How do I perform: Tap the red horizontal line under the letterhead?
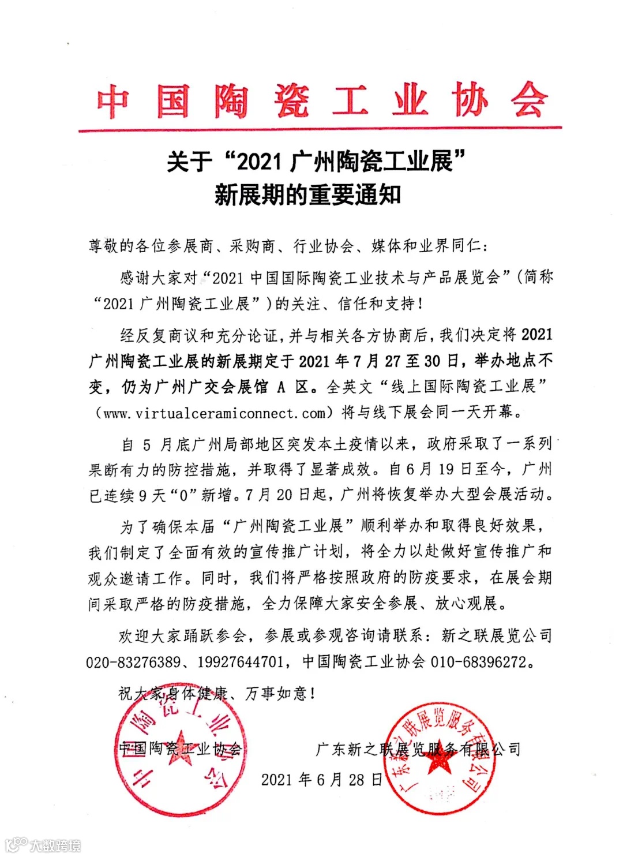tap(321, 128)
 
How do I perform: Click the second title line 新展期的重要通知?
tap(307, 195)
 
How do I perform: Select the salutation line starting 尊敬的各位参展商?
tap(288, 246)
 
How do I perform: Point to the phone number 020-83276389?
tap(133, 662)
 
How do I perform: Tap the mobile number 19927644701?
tap(241, 662)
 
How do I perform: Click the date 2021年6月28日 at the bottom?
tap(321, 780)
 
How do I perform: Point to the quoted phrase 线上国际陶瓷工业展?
tap(464, 387)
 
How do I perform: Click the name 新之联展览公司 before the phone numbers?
tap(496, 636)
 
